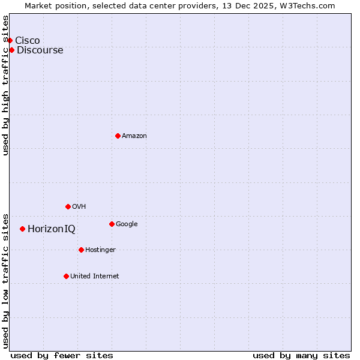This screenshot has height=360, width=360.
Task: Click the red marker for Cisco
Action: point(10,40)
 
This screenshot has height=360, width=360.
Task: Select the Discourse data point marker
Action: point(11,50)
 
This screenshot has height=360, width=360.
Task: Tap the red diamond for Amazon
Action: point(118,136)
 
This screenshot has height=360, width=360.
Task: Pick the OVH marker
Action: point(68,206)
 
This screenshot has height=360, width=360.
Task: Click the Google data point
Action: point(112,224)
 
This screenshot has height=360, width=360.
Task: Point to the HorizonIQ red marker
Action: point(22,229)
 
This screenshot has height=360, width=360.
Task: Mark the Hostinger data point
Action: point(81,250)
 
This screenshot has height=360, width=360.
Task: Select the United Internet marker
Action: point(66,276)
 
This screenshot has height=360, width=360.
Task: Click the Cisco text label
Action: point(28,40)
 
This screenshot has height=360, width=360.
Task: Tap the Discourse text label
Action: point(40,50)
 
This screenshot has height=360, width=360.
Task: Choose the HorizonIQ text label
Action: point(52,229)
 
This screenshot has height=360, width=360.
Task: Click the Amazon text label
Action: point(134,136)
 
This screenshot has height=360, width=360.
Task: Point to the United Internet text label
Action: point(95,276)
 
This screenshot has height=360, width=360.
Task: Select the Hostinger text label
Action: point(100,250)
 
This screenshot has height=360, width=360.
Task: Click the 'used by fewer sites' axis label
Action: point(62,355)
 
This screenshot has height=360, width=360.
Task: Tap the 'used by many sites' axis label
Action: point(301,355)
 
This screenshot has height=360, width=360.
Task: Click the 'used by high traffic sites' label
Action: point(6,85)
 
